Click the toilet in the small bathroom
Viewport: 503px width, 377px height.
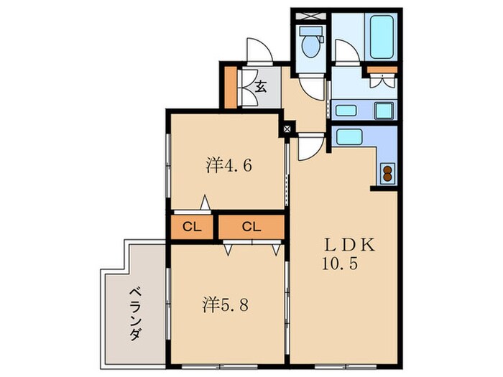click(310, 45)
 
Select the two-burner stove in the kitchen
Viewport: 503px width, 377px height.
click(387, 172)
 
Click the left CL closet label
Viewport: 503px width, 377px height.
click(191, 228)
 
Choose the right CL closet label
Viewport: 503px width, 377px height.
click(251, 228)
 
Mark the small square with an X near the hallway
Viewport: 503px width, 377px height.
click(287, 129)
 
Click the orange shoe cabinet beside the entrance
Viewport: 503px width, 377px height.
click(229, 86)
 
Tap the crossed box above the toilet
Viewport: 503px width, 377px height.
click(310, 15)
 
